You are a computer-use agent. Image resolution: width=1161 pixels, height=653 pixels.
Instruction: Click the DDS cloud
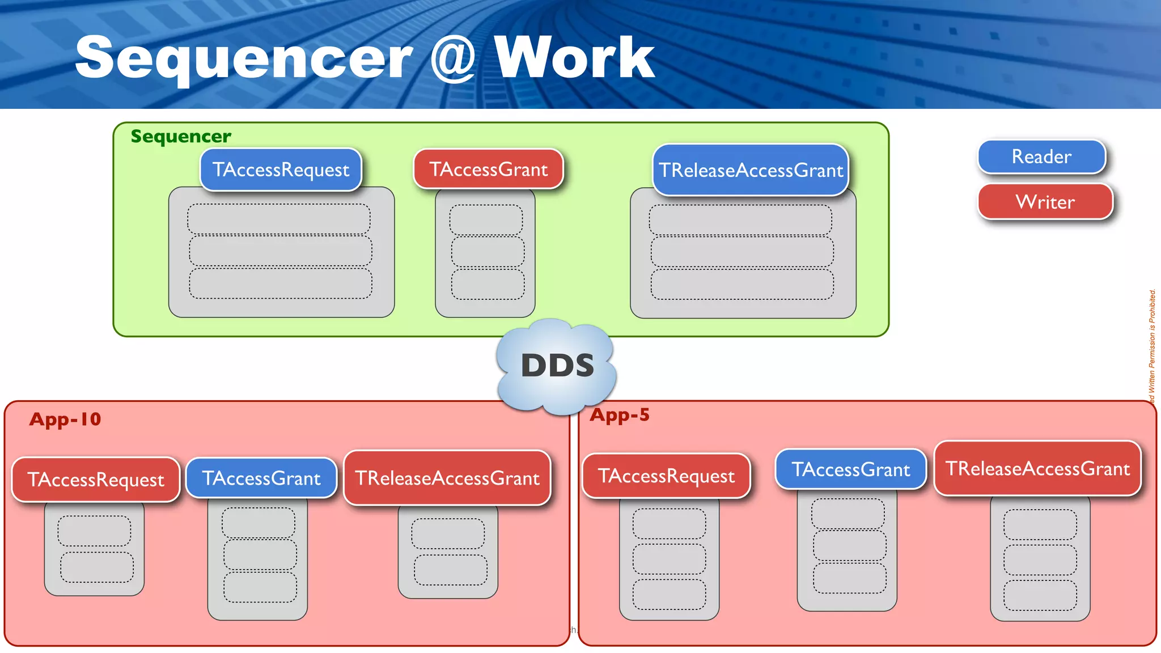pyautogui.click(x=557, y=366)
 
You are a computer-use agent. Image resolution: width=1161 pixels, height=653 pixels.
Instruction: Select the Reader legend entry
pyautogui.click(x=1041, y=156)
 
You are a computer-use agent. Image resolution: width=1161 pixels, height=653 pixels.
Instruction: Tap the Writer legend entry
pyautogui.click(x=1045, y=202)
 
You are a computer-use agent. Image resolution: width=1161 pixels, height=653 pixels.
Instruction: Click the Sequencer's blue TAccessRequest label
pyautogui.click(x=281, y=169)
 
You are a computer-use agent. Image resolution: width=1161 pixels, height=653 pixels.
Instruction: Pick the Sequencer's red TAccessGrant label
pyautogui.click(x=488, y=169)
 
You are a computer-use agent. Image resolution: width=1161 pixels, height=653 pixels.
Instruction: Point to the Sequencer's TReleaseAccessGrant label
pyautogui.click(x=751, y=170)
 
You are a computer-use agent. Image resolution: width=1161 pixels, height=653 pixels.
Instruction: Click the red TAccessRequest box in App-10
pyautogui.click(x=96, y=480)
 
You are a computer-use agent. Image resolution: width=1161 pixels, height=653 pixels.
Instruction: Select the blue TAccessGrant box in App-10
pyautogui.click(x=261, y=478)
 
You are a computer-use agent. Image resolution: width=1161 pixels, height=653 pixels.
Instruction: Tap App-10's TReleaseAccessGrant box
pyautogui.click(x=447, y=478)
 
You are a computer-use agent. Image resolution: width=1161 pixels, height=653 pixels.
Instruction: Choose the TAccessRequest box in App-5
pyautogui.click(x=666, y=476)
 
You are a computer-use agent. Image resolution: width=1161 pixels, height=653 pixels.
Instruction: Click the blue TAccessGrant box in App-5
pyautogui.click(x=850, y=469)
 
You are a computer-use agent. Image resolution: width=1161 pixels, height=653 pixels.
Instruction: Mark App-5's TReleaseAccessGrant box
pyautogui.click(x=1037, y=469)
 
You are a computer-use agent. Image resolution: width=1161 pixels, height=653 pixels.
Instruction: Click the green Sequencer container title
pyautogui.click(x=181, y=136)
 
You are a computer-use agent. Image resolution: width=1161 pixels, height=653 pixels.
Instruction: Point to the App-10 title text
pyautogui.click(x=65, y=419)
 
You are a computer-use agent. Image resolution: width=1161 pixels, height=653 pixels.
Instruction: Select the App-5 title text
pyautogui.click(x=620, y=415)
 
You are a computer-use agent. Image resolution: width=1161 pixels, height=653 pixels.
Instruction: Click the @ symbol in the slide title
pyautogui.click(x=453, y=58)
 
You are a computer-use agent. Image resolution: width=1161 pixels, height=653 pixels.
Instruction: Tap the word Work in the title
pyautogui.click(x=574, y=58)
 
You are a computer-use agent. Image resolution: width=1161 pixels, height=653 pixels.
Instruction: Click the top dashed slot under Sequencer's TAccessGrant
pyautogui.click(x=486, y=220)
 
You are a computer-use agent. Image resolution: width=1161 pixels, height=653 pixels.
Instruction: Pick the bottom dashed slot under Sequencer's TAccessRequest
pyautogui.click(x=281, y=283)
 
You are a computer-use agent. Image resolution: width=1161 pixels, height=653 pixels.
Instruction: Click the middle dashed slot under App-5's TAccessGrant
pyautogui.click(x=849, y=545)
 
